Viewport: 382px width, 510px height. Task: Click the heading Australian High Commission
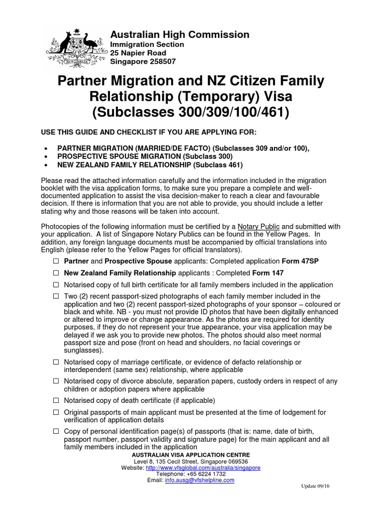click(x=180, y=34)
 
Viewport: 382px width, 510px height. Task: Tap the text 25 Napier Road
click(x=138, y=53)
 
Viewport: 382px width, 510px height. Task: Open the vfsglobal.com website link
click(x=203, y=468)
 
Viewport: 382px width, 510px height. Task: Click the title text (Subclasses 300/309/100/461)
click(x=191, y=112)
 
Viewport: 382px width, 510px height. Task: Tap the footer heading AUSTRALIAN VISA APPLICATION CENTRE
click(x=191, y=455)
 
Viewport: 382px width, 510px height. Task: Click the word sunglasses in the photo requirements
click(x=83, y=350)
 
